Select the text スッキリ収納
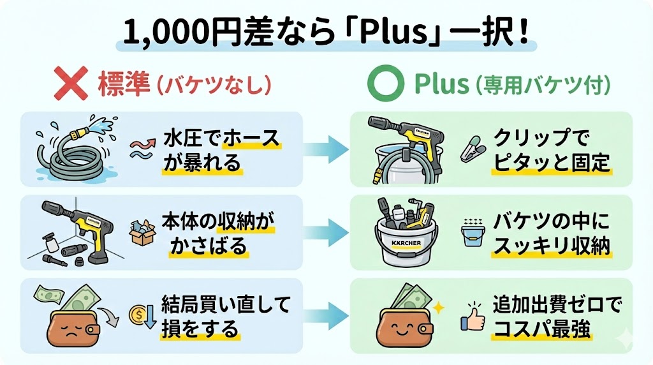pyautogui.click(x=551, y=246)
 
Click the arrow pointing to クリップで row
pyautogui.click(x=325, y=149)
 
